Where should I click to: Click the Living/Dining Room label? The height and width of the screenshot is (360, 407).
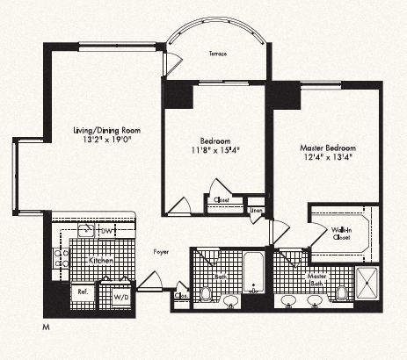106,131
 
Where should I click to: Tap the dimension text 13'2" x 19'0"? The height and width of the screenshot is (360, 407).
106,141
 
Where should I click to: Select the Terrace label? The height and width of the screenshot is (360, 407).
217,54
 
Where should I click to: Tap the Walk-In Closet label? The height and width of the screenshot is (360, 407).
342,235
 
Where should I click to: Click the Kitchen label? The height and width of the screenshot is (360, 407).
97,261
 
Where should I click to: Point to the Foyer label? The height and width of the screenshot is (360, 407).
160,250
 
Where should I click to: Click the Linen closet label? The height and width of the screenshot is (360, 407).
256,211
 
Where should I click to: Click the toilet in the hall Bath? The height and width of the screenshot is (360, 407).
205,292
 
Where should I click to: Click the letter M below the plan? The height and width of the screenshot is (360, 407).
45,327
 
